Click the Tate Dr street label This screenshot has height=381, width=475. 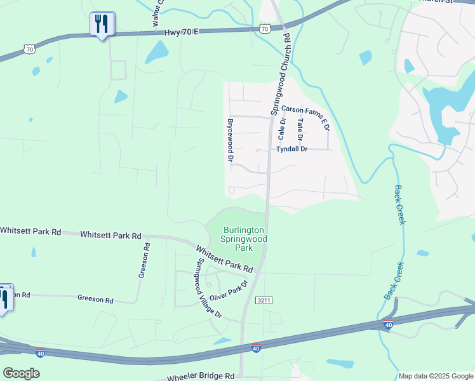300,130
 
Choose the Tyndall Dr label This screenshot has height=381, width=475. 291,149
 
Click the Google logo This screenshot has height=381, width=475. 21,373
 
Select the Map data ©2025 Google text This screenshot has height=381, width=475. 435,376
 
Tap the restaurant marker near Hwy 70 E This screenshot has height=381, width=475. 102,25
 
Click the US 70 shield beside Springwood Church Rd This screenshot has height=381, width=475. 265,29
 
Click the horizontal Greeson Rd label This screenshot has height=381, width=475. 95,298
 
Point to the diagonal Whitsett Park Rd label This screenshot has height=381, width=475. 224,260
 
